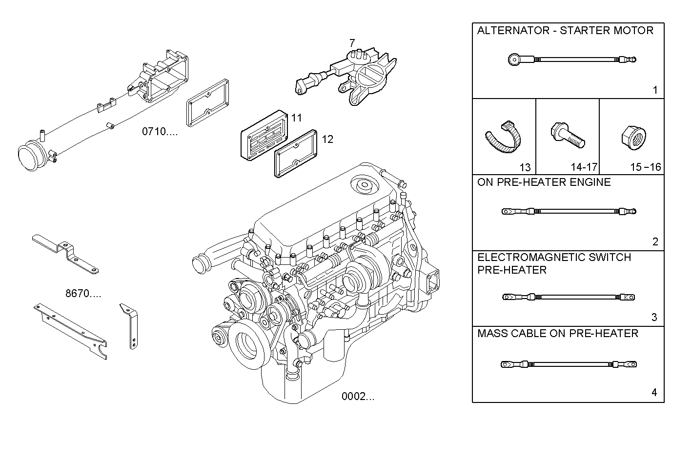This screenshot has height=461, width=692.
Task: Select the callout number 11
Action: (297, 118)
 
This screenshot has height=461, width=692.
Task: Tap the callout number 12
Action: (327, 139)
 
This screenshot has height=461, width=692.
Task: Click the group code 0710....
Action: (160, 131)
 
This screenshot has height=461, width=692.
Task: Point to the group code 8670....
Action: (83, 294)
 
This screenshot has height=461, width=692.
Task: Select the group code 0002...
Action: (358, 396)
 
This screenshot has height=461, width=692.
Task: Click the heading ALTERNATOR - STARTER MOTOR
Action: (565, 31)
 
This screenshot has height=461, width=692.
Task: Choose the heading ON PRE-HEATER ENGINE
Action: (544, 182)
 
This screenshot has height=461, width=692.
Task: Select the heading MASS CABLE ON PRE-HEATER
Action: (557, 334)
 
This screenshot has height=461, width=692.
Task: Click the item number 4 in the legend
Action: (654, 392)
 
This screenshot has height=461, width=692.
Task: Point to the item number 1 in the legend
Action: (655, 90)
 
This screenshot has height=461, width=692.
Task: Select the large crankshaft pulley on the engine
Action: (246, 345)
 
